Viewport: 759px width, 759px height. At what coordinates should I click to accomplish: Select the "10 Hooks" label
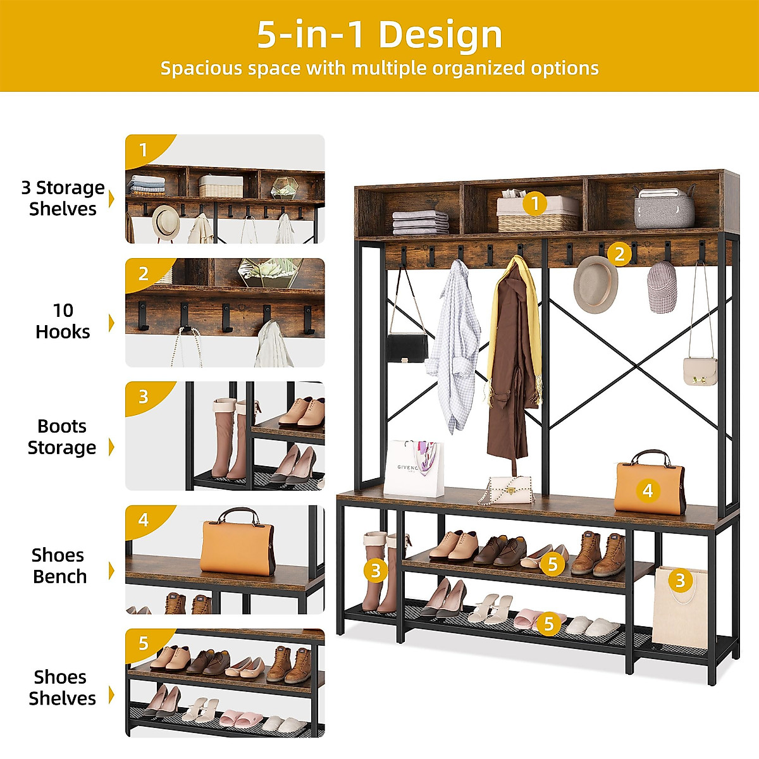tap(63, 321)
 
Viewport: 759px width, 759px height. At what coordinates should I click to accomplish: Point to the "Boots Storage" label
tap(61, 436)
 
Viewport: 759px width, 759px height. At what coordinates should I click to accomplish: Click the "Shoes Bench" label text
tap(59, 565)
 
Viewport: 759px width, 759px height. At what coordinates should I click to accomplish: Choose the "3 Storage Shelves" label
tap(63, 198)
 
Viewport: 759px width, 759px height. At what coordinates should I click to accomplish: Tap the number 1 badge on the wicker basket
tap(535, 204)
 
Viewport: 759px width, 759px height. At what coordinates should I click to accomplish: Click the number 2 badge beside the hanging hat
tap(619, 254)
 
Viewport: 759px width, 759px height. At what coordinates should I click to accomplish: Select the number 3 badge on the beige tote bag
tap(680, 580)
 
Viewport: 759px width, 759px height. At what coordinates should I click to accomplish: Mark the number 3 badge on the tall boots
tap(375, 571)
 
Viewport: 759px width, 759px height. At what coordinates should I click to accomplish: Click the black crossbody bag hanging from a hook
tap(407, 347)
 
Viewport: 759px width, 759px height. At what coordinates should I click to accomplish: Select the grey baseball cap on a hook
tap(662, 288)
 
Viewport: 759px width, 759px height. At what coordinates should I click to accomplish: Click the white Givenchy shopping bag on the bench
tap(414, 469)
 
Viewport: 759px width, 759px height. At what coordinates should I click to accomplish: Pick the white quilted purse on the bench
tap(510, 490)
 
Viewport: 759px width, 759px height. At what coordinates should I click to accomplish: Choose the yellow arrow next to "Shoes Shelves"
tap(112, 694)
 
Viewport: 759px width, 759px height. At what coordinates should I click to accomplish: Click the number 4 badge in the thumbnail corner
tap(144, 520)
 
